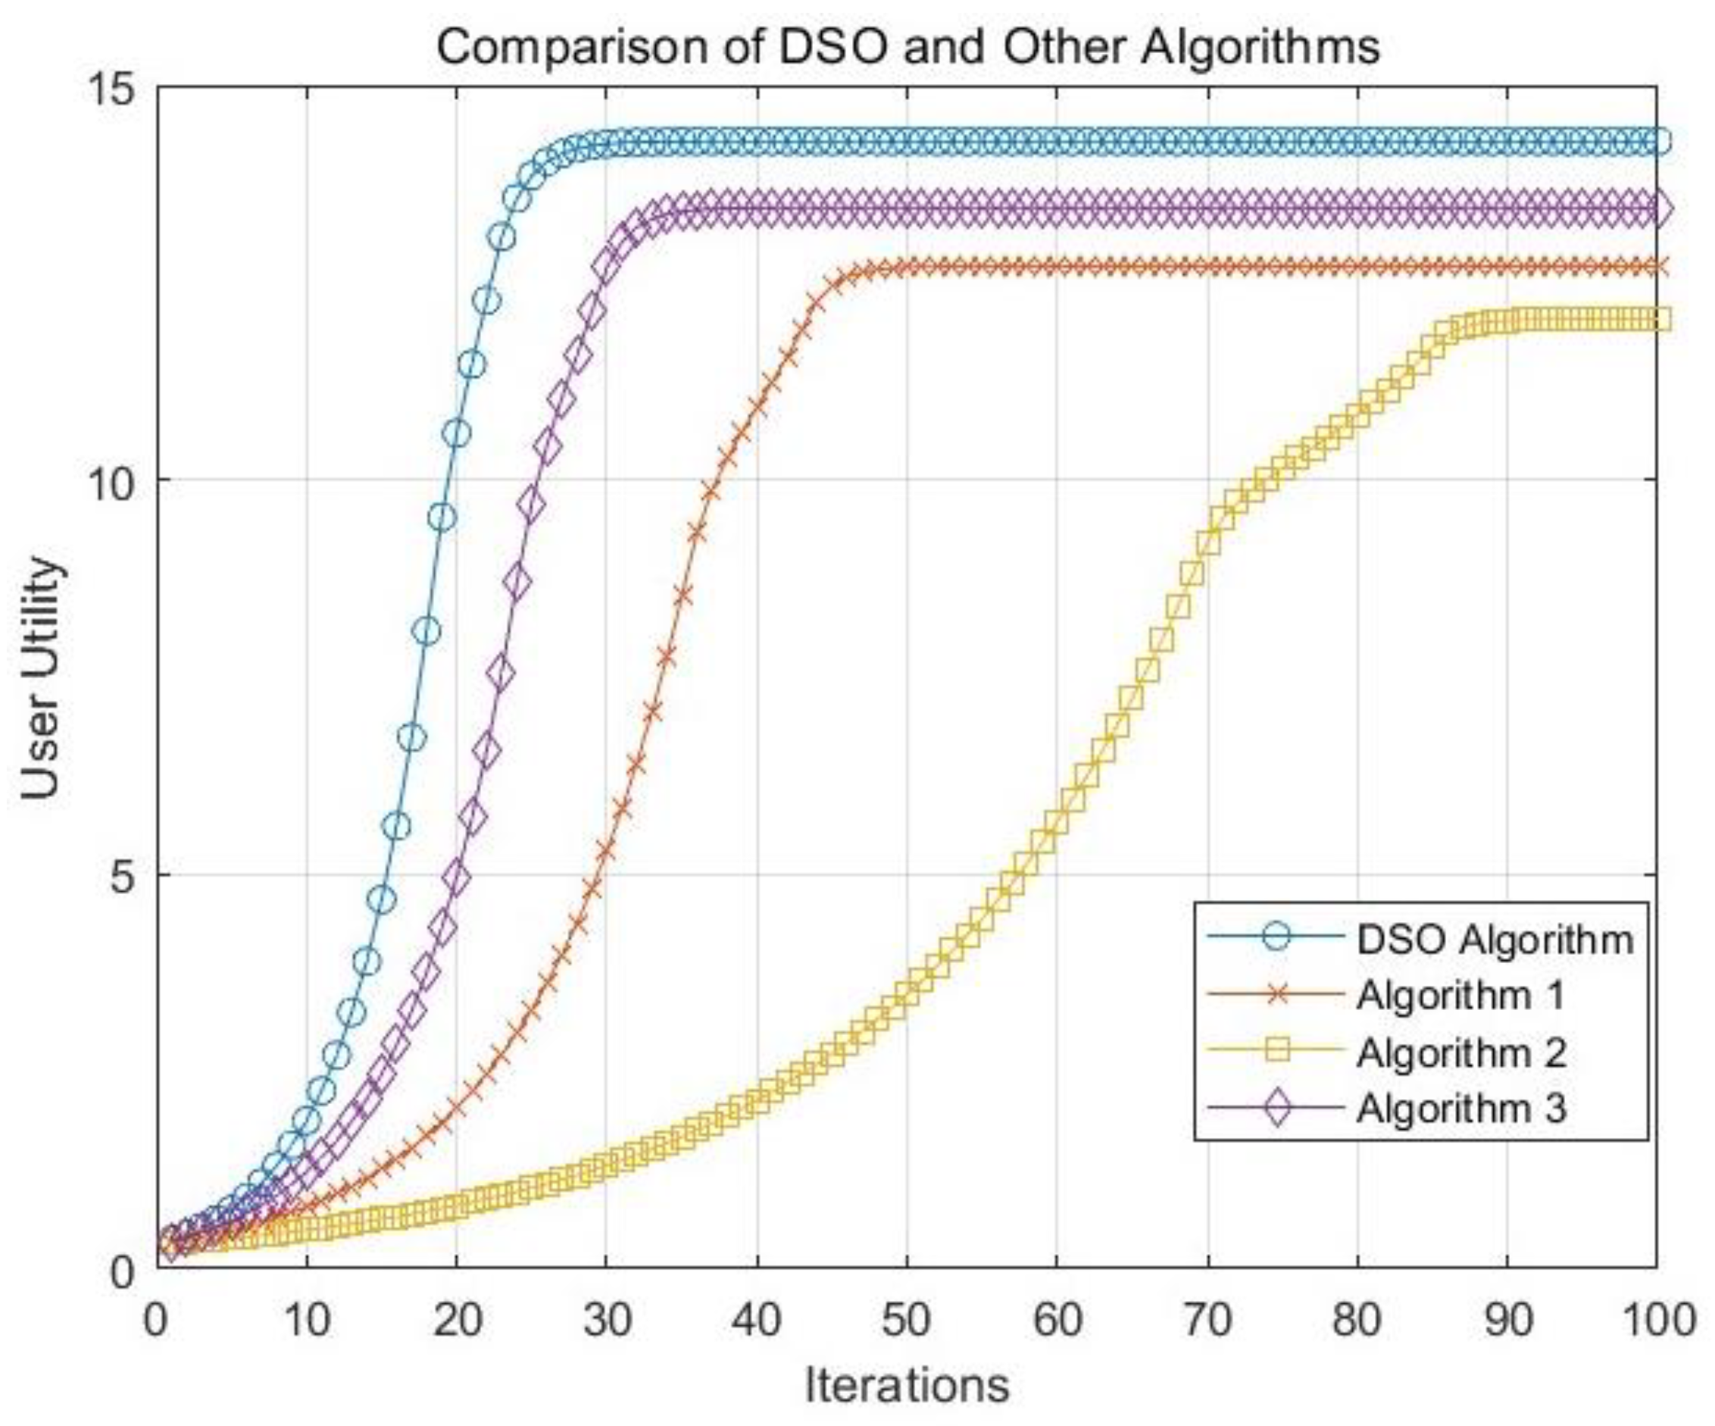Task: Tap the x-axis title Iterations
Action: pyautogui.click(x=907, y=1385)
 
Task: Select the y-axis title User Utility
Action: pyautogui.click(x=41, y=678)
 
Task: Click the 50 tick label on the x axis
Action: pyautogui.click(x=907, y=1320)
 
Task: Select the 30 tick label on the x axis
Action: pyautogui.click(x=606, y=1320)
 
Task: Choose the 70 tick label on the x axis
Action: pyautogui.click(x=1207, y=1320)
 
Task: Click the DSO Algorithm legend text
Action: pyautogui.click(x=1495, y=940)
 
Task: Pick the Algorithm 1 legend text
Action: pyautogui.click(x=1460, y=995)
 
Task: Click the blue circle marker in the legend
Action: pyautogui.click(x=1276, y=936)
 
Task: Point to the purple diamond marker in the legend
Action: pyautogui.click(x=1276, y=1109)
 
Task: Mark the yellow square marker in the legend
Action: pyautogui.click(x=1276, y=1050)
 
